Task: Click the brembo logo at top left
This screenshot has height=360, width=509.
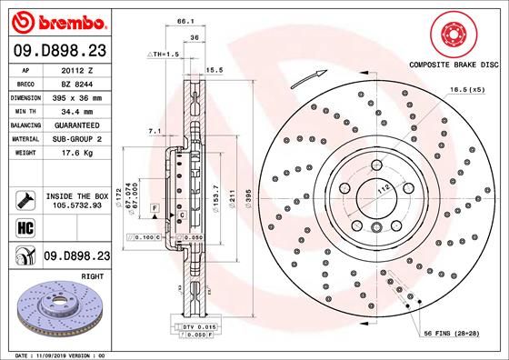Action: tap(57, 19)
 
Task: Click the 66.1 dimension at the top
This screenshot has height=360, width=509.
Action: tap(184, 19)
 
